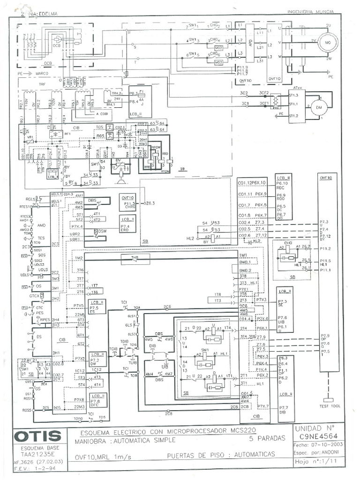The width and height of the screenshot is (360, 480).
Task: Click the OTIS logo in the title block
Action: point(38,436)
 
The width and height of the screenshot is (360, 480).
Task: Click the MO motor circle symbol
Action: point(325,44)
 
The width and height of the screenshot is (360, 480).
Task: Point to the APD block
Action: point(251,44)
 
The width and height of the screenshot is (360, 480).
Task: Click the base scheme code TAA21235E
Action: point(37,454)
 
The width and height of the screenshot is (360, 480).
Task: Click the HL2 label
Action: point(190,239)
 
